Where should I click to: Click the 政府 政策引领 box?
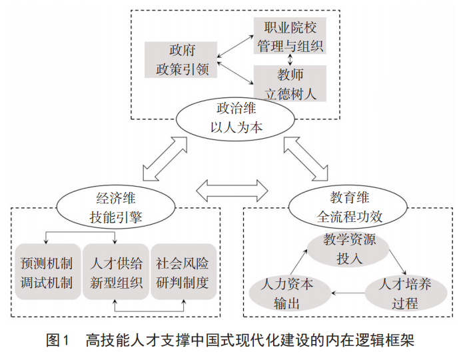tap(182, 60)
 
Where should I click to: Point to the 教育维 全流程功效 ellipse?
tap(348, 206)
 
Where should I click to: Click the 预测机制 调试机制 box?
tap(47, 271)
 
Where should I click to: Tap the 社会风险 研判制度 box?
tap(183, 271)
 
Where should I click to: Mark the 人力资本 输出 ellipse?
tap(291, 292)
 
